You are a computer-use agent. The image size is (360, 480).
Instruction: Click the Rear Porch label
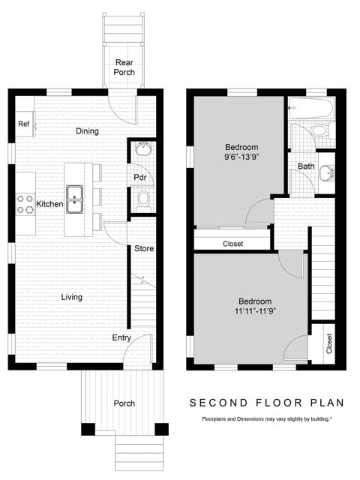click(x=124, y=67)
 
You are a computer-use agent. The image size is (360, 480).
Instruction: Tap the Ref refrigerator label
click(x=23, y=124)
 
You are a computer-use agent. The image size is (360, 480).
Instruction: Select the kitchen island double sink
click(x=75, y=199)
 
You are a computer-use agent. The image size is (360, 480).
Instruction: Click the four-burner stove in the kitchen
click(x=25, y=204)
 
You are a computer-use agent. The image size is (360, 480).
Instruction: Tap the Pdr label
click(x=140, y=177)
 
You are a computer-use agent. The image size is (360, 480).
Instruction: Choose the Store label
click(x=144, y=248)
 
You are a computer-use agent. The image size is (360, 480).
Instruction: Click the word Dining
click(x=87, y=131)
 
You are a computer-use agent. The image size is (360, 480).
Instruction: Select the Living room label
click(x=72, y=297)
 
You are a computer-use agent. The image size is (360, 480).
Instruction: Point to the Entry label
click(x=121, y=338)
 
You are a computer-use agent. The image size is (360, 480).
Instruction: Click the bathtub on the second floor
click(x=310, y=108)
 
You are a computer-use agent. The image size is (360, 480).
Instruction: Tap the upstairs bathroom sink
click(x=327, y=173)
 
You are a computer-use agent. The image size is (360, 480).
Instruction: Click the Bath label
click(x=306, y=166)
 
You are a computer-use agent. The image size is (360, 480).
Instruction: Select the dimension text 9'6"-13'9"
click(x=241, y=157)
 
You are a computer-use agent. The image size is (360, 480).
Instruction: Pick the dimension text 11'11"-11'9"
click(x=255, y=311)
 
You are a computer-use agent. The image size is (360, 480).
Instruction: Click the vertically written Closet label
click(x=329, y=343)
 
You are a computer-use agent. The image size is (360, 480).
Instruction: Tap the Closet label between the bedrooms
click(x=233, y=244)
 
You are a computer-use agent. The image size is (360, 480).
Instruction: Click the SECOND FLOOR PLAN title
click(x=267, y=403)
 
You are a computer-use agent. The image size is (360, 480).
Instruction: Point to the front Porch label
click(x=124, y=403)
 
